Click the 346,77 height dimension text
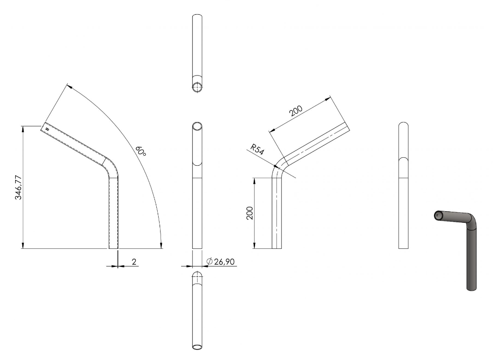click(19, 188)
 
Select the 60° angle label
click(141, 151)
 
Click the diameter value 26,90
click(224, 262)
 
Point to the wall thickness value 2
click(134, 262)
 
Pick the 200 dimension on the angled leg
click(296, 111)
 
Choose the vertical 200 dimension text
click(250, 213)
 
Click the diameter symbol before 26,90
click(209, 261)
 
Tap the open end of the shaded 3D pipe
click(438, 215)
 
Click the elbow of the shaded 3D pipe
click(471, 220)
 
